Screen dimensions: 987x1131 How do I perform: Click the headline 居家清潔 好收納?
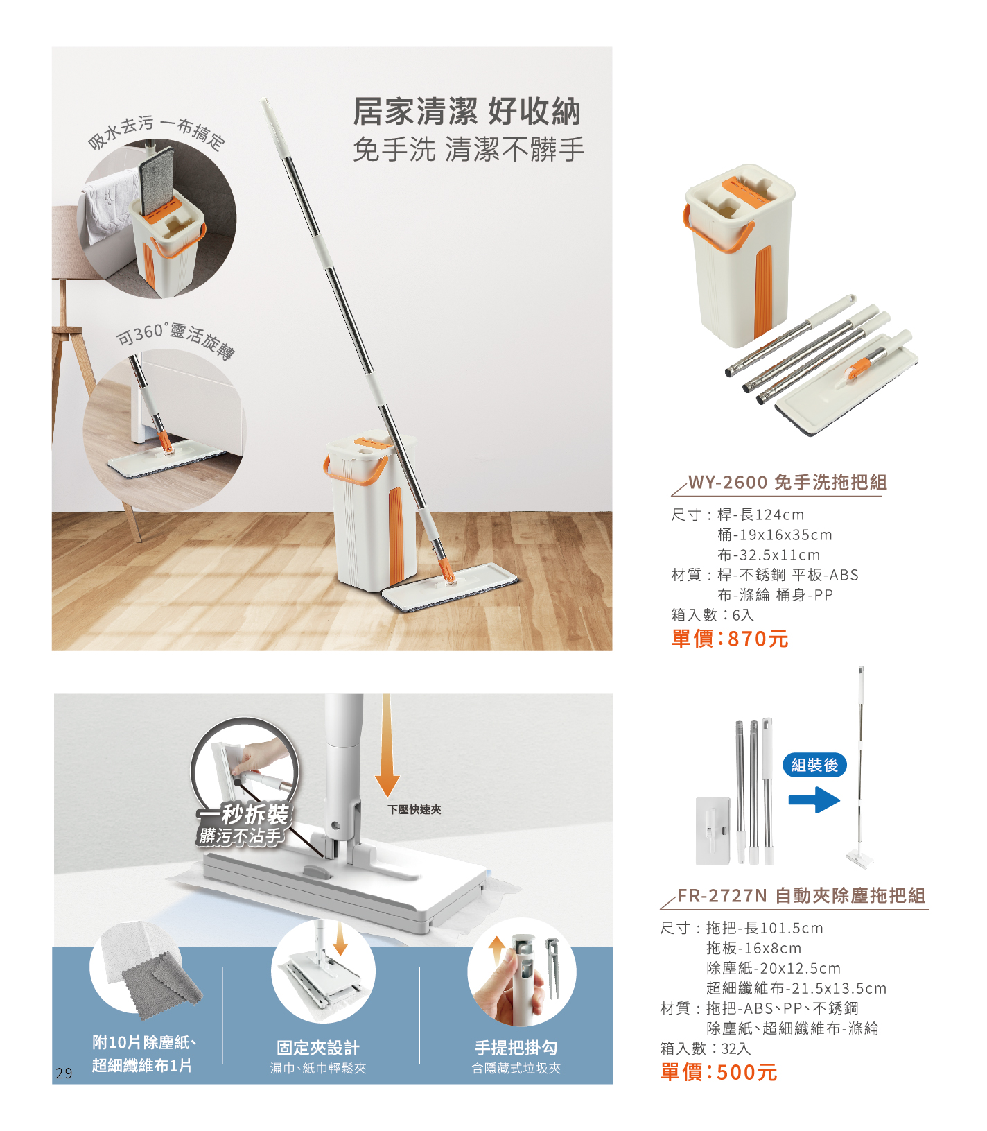(466, 112)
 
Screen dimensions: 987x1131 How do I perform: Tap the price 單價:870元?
(730, 638)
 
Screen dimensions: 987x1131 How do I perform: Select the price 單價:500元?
(719, 1072)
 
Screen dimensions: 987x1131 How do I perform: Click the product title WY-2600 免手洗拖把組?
(787, 482)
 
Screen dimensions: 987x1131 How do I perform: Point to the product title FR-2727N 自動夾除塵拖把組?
(801, 895)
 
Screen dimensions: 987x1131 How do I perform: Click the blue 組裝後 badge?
(814, 765)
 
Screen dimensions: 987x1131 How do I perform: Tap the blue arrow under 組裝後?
(814, 800)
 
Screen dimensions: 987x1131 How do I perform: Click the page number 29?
(64, 1073)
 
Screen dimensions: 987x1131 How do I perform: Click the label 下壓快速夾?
(414, 809)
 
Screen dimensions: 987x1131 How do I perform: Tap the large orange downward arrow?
(387, 745)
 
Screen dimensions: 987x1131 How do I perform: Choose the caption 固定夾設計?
(318, 1048)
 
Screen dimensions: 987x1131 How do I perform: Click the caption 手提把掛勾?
(516, 1048)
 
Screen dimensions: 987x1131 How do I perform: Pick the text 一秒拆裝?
(244, 814)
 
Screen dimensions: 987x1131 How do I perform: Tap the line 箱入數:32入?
(705, 1048)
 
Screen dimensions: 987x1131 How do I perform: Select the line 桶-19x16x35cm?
(774, 535)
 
